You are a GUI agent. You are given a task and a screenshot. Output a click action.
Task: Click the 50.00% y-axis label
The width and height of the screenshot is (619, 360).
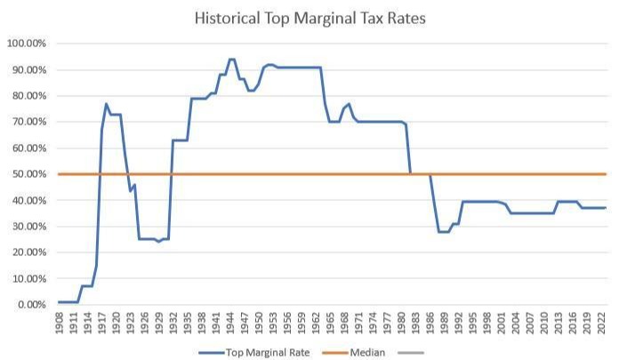[28, 174]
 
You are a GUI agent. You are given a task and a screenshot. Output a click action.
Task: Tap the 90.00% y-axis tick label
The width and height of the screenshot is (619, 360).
[28, 69]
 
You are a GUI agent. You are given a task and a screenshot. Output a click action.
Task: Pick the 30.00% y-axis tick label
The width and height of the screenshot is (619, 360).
[28, 227]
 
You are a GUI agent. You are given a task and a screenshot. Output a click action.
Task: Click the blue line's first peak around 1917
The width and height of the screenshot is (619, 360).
[106, 104]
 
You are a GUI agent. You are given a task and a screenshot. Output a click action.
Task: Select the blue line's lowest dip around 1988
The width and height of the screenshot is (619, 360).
[442, 232]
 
